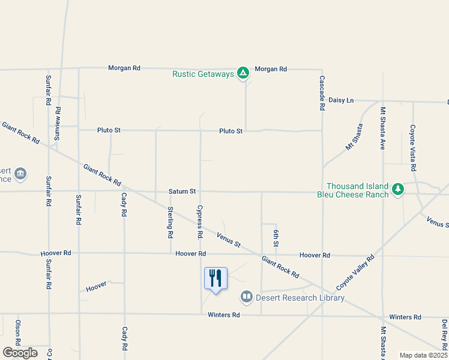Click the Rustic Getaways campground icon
pyautogui.click(x=243, y=73)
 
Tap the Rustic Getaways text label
pyautogui.click(x=203, y=74)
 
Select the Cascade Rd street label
pyautogui.click(x=322, y=92)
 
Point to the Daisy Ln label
pyautogui.click(x=341, y=100)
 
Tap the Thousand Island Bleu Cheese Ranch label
pyautogui.click(x=357, y=191)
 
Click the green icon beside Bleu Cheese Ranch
pyautogui.click(x=397, y=190)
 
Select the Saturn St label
pyautogui.click(x=182, y=191)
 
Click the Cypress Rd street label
pyautogui.click(x=200, y=220)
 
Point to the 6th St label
pyautogui.click(x=276, y=238)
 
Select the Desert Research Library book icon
pyautogui.click(x=246, y=296)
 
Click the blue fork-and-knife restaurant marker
pyautogui.click(x=215, y=279)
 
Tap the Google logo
pyautogui.click(x=20, y=353)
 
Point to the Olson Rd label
pyautogui.click(x=17, y=333)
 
